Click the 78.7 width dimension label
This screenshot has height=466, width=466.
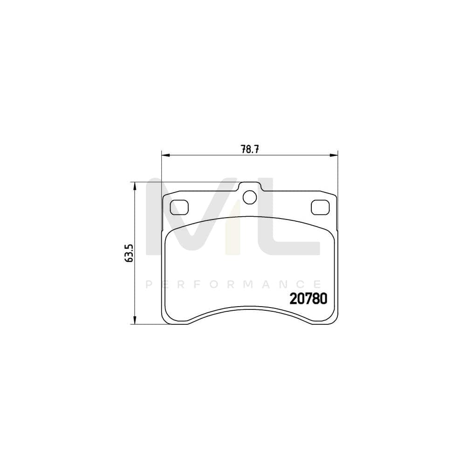coord(249,149)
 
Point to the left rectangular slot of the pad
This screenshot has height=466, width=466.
coord(179,206)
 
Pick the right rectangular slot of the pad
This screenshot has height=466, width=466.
coord(320,206)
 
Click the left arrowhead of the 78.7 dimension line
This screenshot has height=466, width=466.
coord(164,155)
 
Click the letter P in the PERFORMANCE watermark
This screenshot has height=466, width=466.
coord(149,284)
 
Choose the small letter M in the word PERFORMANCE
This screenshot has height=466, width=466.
coord(248,284)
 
